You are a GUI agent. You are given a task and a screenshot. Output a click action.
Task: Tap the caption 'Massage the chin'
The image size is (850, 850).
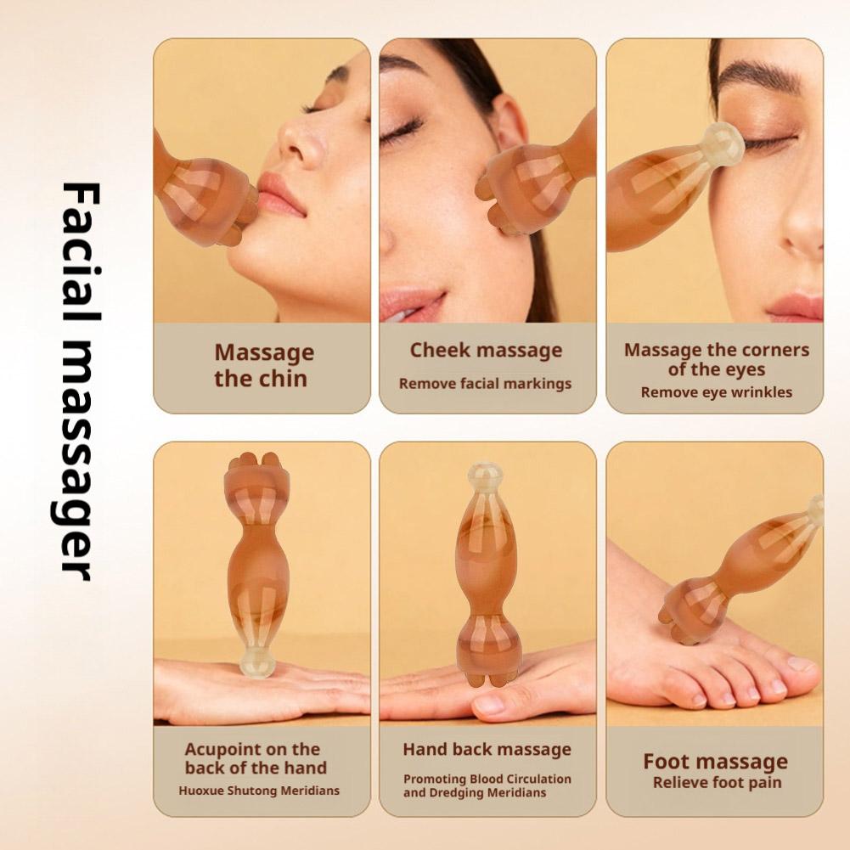[263, 365]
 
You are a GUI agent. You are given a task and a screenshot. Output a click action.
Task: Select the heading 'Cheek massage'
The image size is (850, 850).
[486, 350]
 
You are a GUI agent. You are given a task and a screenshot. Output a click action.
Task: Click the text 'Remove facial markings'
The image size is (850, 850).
[485, 384]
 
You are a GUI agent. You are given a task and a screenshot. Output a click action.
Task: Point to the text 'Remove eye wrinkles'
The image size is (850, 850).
[716, 392]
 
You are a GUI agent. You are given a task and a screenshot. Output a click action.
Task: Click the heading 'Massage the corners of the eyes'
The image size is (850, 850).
[716, 359]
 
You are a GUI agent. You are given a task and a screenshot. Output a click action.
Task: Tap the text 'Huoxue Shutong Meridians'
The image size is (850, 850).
[259, 791]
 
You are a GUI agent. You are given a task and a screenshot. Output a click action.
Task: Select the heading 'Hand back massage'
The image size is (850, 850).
[487, 749]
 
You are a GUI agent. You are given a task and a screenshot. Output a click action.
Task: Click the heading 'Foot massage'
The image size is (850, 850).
[715, 761]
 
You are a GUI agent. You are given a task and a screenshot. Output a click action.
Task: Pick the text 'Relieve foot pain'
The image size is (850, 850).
[717, 783]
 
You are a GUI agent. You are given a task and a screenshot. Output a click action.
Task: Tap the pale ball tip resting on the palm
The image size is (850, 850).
[256, 661]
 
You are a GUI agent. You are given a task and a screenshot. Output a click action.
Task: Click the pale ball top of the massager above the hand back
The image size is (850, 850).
[485, 477]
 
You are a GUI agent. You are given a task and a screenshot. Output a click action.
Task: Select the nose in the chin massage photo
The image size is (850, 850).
[304, 138]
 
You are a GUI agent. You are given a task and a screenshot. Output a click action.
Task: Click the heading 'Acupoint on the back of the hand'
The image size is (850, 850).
[256, 758]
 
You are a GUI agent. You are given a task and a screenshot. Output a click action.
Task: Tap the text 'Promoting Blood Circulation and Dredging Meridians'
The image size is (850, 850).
[487, 785]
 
